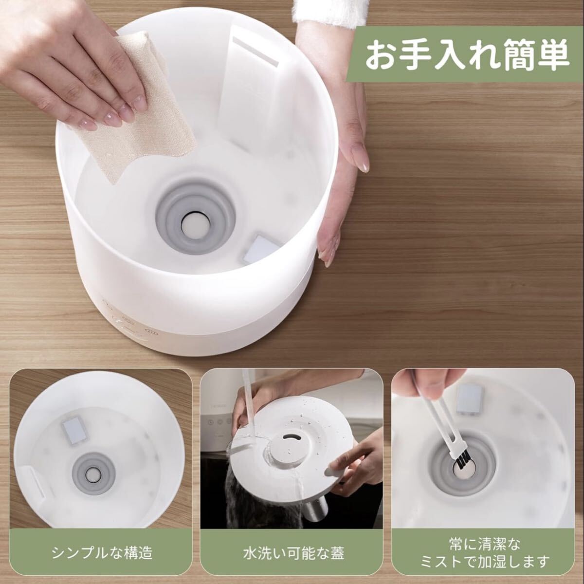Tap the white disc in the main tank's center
[195, 225]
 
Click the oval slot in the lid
[292, 438]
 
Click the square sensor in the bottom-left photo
[74, 430]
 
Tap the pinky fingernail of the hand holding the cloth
[84, 124]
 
